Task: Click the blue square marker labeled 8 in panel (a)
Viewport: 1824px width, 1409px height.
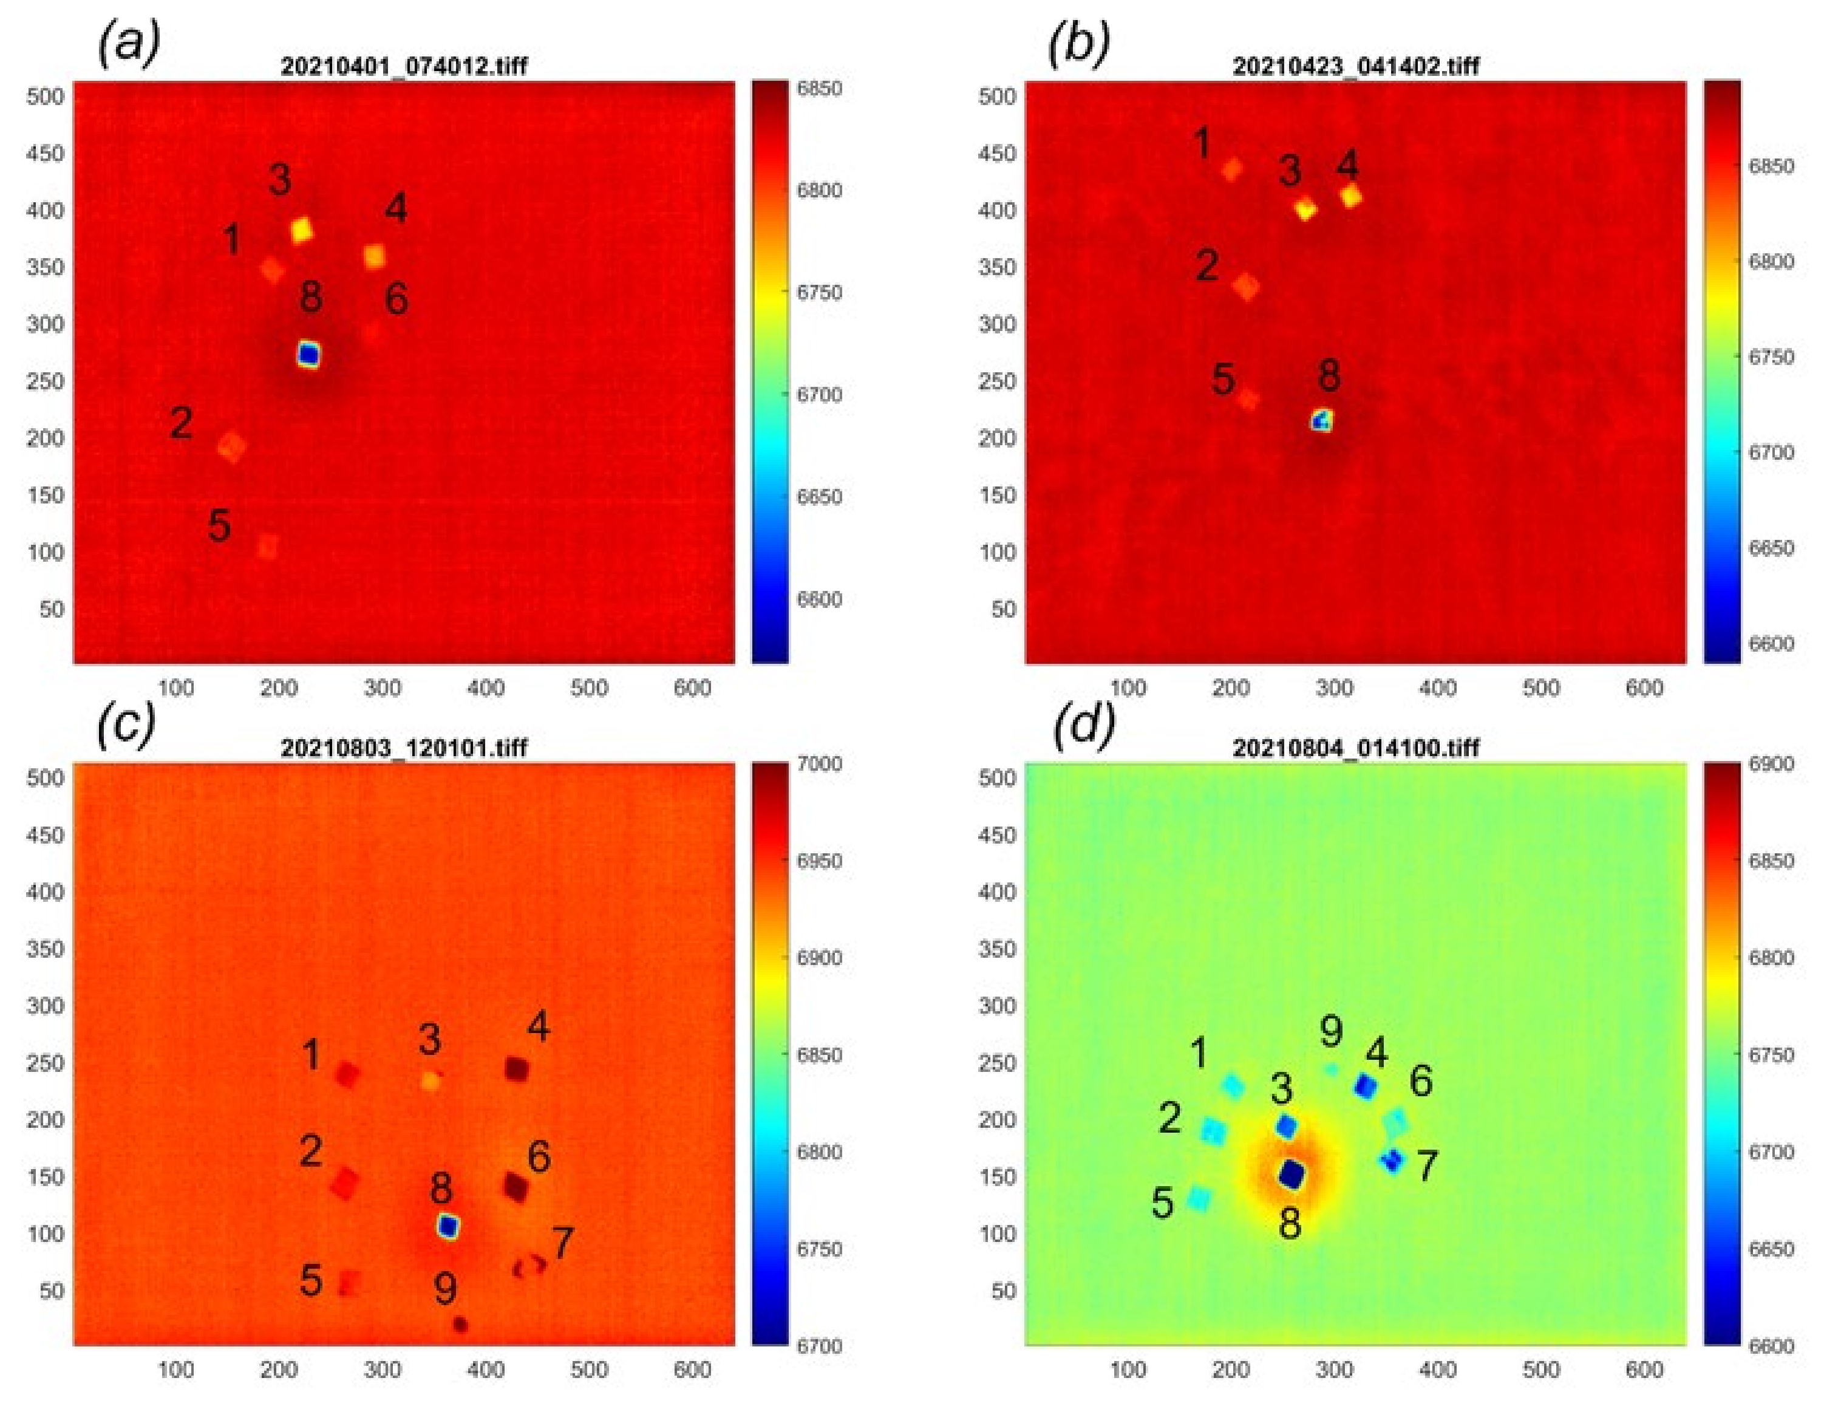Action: point(309,355)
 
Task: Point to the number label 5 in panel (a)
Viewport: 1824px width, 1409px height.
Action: point(219,526)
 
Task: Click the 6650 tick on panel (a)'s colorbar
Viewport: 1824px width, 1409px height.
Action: point(819,497)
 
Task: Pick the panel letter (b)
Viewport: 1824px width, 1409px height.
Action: point(1078,42)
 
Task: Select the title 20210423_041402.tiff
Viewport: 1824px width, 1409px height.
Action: point(1355,66)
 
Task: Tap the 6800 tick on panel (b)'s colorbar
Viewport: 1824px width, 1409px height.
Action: point(1771,261)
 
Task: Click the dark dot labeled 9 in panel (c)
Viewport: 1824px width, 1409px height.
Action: point(460,1325)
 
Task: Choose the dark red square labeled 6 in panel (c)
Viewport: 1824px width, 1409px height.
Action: point(516,1186)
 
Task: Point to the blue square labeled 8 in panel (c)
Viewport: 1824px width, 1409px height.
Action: point(449,1226)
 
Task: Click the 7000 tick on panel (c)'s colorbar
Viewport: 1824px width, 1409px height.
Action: point(819,763)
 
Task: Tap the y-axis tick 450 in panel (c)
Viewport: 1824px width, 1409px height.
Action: point(45,834)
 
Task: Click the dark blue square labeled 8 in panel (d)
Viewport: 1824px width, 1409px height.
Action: point(1292,1175)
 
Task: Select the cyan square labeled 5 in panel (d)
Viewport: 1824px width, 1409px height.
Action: point(1199,1198)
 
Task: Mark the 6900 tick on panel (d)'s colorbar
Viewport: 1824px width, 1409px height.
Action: point(1771,764)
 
